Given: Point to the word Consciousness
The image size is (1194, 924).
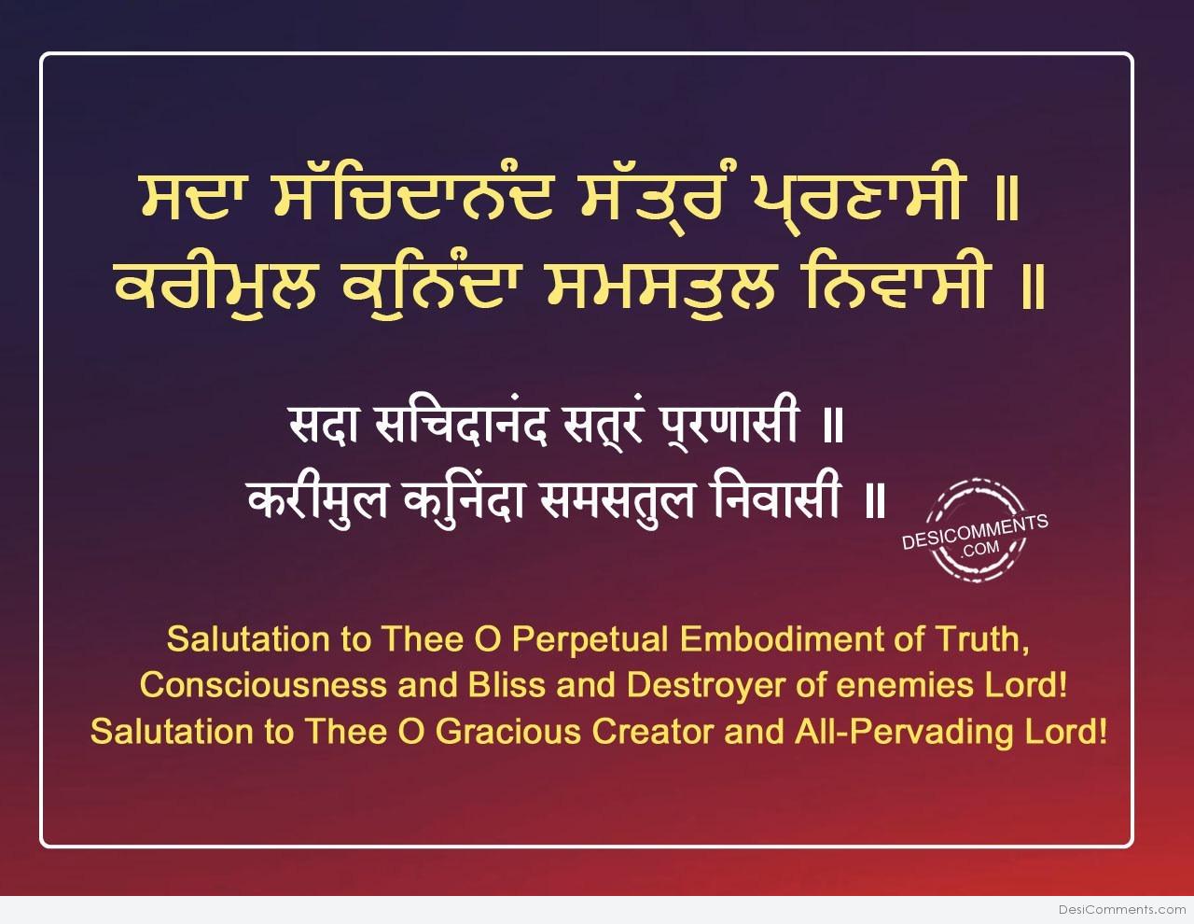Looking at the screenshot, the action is [264, 685].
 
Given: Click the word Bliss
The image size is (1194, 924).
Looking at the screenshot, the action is [507, 685].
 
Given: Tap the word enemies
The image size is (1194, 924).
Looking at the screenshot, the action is [899, 685].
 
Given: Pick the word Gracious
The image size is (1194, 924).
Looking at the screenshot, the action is [508, 732].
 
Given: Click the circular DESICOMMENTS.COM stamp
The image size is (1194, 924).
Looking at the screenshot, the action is [975, 530].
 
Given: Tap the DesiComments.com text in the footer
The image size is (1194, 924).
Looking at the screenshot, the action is [1122, 910].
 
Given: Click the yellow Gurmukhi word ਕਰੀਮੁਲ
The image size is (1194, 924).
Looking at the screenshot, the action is [215, 287].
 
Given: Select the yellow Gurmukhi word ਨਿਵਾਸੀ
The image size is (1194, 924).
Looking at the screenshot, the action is [894, 285].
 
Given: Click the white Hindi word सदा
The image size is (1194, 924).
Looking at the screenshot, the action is [325, 425].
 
